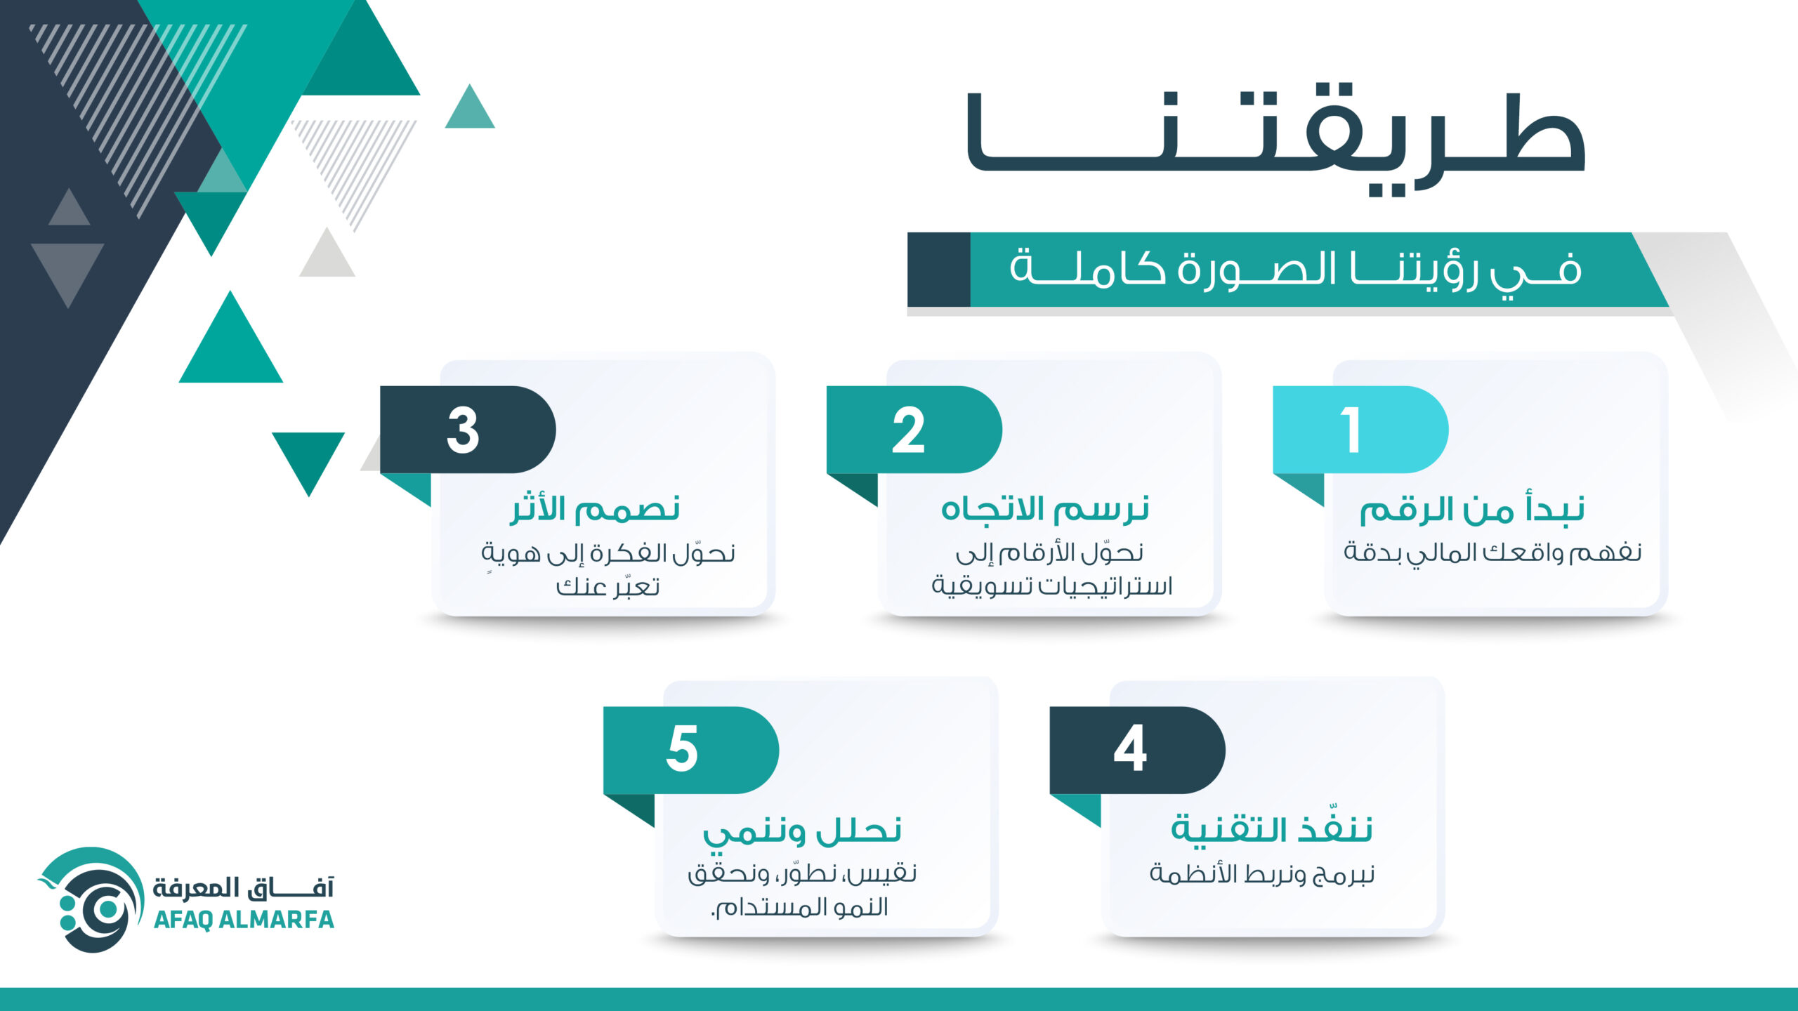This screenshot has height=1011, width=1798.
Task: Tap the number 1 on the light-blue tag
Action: pyautogui.click(x=1351, y=430)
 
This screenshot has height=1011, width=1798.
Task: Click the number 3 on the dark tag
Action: pyautogui.click(x=463, y=430)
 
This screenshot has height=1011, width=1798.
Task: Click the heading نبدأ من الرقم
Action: pyautogui.click(x=1472, y=509)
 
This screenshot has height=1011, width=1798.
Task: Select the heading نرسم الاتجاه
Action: pyautogui.click(x=1045, y=508)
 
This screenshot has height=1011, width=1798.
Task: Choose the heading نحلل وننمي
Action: pyautogui.click(x=802, y=831)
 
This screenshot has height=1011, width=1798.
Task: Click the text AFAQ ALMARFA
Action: pyautogui.click(x=244, y=920)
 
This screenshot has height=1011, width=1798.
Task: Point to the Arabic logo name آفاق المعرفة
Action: pyautogui.click(x=244, y=887)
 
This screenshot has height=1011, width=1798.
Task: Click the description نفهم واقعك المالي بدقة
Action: pyautogui.click(x=1492, y=553)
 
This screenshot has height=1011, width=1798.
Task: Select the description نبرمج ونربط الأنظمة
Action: pyautogui.click(x=1261, y=874)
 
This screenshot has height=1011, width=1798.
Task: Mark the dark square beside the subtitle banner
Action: pyautogui.click(x=939, y=270)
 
